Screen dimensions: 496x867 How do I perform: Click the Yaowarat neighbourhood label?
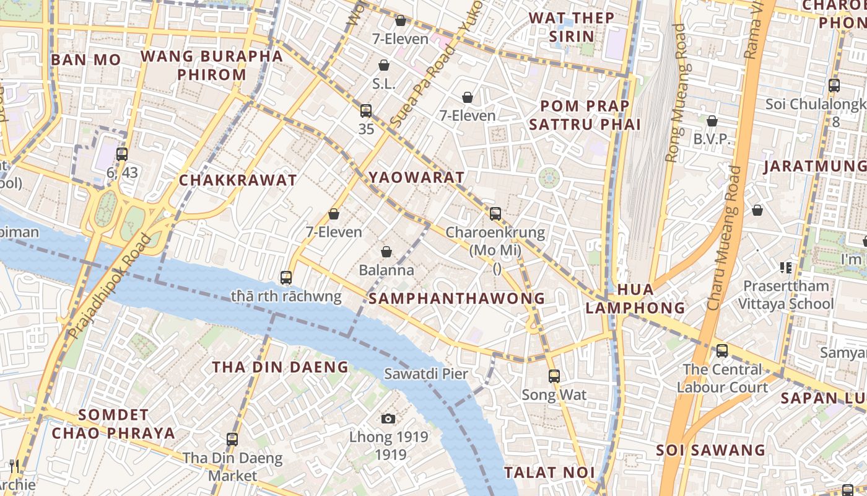coord(417,177)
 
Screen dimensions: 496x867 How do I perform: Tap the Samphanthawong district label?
coord(456,298)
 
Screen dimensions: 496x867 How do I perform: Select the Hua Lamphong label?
coord(635,298)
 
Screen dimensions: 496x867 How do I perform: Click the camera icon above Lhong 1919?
coord(388,418)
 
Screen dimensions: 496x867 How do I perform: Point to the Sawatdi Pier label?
coord(426,374)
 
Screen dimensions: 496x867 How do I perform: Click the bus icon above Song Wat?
coord(554,376)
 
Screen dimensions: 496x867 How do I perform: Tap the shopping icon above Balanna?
coord(386,252)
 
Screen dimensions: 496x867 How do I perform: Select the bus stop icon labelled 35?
coord(366,111)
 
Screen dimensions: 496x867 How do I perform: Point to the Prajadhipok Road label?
coord(110,286)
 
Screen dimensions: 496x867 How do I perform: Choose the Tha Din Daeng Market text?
coord(232,467)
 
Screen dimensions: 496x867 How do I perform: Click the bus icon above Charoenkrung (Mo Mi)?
coord(495,214)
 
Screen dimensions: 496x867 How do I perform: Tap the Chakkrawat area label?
coord(238,180)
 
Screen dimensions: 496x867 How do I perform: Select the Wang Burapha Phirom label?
coord(211,65)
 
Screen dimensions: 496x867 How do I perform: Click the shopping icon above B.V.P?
coord(712,121)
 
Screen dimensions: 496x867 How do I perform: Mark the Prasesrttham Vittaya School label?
coord(786,295)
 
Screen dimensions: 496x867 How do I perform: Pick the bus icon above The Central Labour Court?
coord(722,351)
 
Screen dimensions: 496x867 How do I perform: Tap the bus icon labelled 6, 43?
coord(122,154)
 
